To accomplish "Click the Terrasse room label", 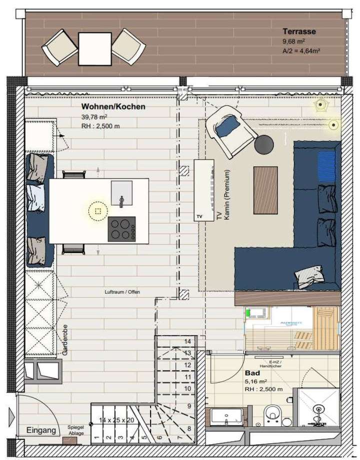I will [298, 32].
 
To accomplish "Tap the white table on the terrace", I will [94, 48].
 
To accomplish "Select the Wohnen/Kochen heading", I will [113, 107].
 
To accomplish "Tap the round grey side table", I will [264, 145].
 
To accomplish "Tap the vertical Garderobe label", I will [65, 339].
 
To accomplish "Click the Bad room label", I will [251, 373].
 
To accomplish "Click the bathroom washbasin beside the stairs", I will [226, 415].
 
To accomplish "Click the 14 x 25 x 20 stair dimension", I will [116, 420].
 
